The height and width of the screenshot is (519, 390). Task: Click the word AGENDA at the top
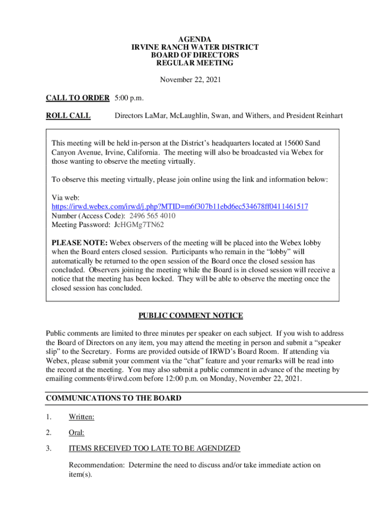pos(195,39)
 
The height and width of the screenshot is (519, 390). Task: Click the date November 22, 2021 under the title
pos(190,80)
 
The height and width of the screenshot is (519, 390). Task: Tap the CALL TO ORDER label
pos(77,97)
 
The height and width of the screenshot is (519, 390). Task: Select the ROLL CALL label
pos(68,116)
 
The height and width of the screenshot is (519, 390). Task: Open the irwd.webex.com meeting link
pos(180,207)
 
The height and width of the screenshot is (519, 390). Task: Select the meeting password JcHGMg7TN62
pos(138,225)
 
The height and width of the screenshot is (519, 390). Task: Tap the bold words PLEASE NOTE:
pos(80,243)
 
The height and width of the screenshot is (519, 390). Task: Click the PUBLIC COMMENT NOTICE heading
pos(190,316)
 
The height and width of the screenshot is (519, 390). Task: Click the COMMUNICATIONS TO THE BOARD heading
pos(113,398)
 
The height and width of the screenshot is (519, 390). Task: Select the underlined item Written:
pos(82,417)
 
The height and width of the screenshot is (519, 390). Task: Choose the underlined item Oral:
pos(76,433)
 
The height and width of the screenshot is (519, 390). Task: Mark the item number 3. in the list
pos(49,448)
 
